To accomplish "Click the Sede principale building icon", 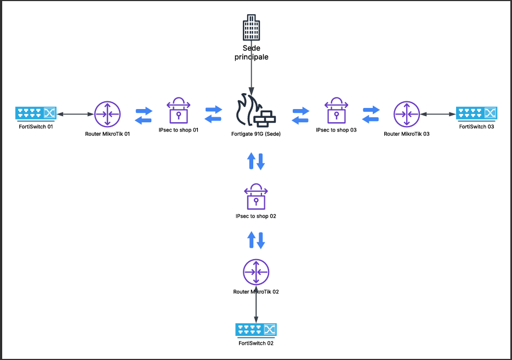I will pyautogui.click(x=251, y=31).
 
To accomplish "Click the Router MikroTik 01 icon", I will pyautogui.click(x=107, y=114).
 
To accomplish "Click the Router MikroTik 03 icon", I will pyautogui.click(x=406, y=114).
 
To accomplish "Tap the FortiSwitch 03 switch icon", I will pyautogui.click(x=477, y=114).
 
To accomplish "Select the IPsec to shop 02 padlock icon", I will pyautogui.click(x=255, y=196).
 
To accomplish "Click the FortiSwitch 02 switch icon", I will pyautogui.click(x=256, y=330).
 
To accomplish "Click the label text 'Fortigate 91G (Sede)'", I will pyautogui.click(x=256, y=133).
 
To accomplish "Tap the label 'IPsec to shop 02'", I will pyautogui.click(x=256, y=216).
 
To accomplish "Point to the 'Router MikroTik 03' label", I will pyautogui.click(x=406, y=134).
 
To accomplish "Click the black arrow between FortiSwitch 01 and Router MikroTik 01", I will pyautogui.click(x=75, y=114).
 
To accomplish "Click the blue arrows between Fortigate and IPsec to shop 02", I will pyautogui.click(x=256, y=161).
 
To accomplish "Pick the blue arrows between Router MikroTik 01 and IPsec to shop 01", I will pyautogui.click(x=144, y=115).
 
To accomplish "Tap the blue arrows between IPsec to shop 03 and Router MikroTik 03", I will pyautogui.click(x=371, y=115).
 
